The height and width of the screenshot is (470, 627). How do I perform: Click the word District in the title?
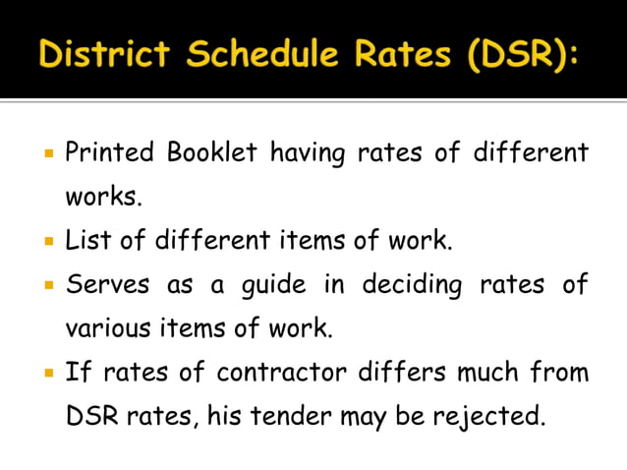point(105,56)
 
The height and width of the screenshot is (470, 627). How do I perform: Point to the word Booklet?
point(212,153)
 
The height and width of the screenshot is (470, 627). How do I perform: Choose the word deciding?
point(412,286)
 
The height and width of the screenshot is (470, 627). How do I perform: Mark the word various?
point(103,328)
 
